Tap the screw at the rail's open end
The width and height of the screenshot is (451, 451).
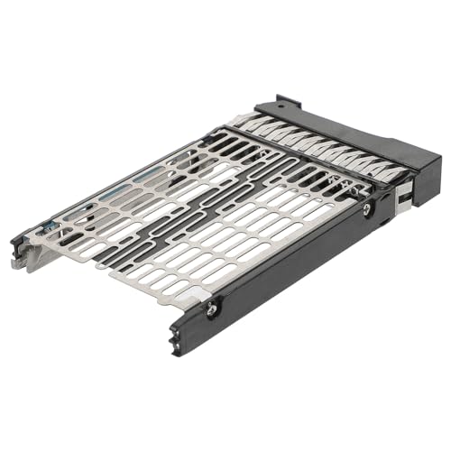(210, 308)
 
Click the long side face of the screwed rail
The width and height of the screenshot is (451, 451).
(289, 271)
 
